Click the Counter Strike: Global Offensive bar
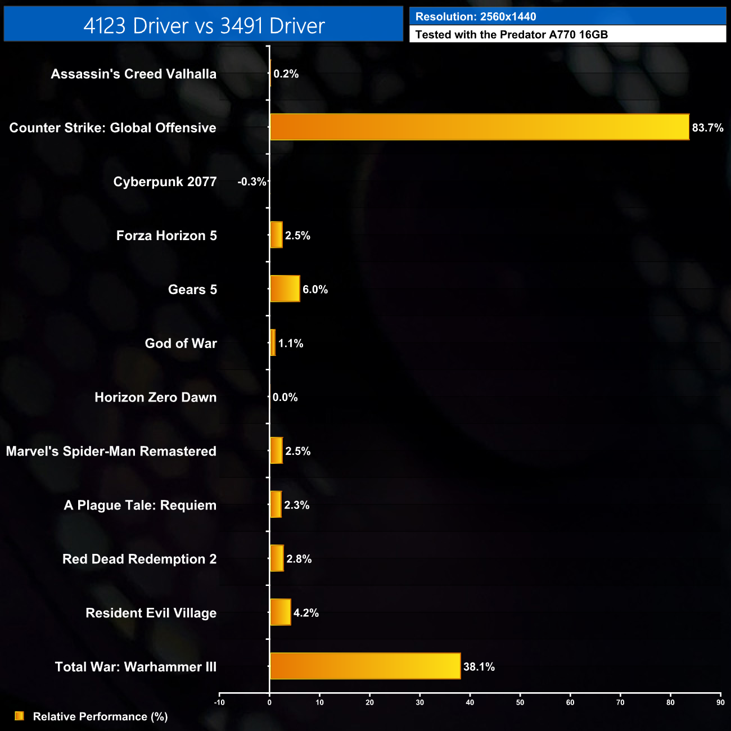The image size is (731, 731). point(480,127)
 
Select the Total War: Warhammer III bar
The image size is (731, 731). point(365,666)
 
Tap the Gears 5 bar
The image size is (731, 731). point(285,289)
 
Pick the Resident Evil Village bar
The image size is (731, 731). point(281,612)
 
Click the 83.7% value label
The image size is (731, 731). point(707,128)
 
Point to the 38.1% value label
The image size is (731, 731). point(479,667)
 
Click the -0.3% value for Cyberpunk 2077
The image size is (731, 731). point(251,182)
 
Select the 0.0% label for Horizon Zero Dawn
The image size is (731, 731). point(285,398)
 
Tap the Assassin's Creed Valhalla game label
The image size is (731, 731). point(133,74)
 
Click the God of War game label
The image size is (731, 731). point(181,344)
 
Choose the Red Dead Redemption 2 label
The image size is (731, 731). point(139,559)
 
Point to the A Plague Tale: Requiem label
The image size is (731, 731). point(140,505)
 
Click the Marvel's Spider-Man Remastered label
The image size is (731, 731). point(111,451)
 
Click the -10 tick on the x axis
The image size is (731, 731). point(219,702)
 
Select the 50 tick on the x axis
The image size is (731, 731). point(520,702)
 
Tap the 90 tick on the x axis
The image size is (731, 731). point(720,702)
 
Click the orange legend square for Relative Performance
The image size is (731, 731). point(19,716)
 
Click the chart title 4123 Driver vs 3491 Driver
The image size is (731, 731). point(204,25)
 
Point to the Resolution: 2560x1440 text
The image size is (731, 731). point(476,17)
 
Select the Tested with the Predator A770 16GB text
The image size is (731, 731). point(511,34)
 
